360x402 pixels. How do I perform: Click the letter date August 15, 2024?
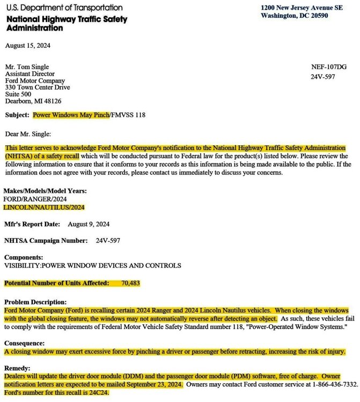tap(27, 46)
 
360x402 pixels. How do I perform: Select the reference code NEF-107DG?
tap(329, 67)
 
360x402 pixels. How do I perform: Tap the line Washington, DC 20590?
tap(295, 16)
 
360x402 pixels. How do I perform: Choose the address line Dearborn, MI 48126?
tap(33, 101)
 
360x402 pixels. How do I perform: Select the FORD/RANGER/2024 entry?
tap(35, 199)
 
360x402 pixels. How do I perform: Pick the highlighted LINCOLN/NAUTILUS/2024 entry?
tap(44, 207)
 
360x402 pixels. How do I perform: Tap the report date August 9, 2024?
tap(89, 224)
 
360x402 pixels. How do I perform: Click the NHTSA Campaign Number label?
tap(46, 241)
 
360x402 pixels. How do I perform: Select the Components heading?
tap(24, 257)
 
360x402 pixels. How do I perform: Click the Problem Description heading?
tap(38, 302)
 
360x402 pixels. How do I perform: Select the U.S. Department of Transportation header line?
tap(63, 8)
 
